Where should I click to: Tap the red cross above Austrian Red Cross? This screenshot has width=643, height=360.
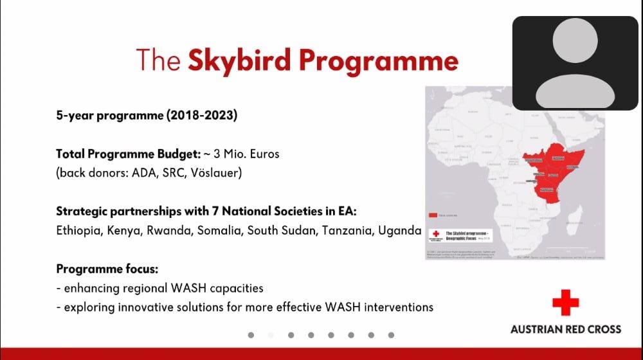565,303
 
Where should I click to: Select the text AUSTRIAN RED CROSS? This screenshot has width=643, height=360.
566,328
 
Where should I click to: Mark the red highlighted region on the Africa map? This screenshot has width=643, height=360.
547,170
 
